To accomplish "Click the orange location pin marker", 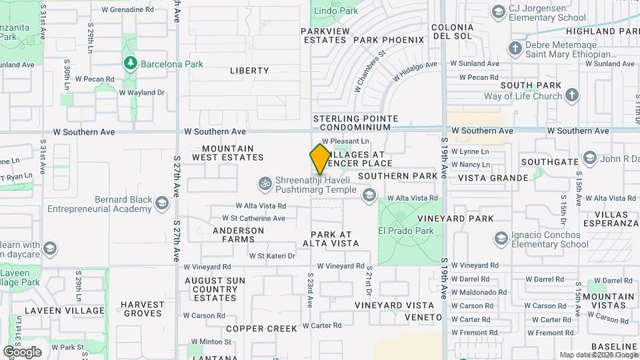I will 319,159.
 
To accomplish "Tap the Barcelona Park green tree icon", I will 131,64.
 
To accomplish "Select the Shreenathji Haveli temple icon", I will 265,182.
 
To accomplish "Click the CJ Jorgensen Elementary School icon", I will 498,11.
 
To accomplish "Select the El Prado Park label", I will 406,231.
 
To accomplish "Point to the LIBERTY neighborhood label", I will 249,71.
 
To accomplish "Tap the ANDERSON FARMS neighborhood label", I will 238,235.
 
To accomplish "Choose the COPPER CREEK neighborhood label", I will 261,329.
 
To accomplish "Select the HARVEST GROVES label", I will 143,309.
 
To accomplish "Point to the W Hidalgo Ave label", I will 415,71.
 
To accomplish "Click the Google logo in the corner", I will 22,352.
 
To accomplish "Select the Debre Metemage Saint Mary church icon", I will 515,48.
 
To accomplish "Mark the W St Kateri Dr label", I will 272,255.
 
